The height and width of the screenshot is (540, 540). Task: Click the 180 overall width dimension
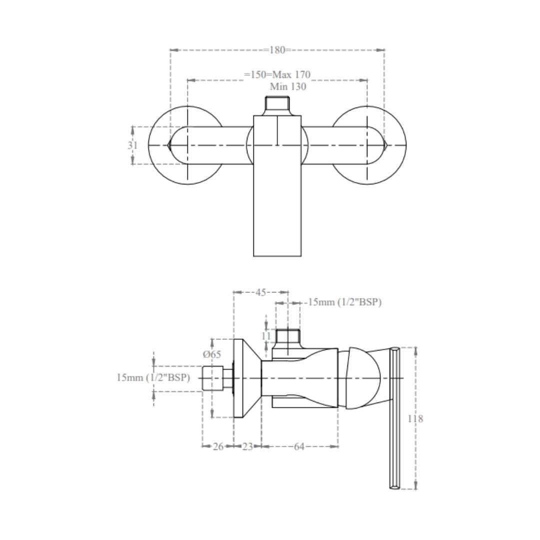pos(277,50)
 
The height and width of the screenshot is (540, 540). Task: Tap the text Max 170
pos(291,74)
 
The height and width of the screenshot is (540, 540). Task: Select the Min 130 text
pos(288,86)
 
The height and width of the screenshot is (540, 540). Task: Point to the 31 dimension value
pos(132,145)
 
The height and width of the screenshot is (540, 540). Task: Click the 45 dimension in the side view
pos(260,292)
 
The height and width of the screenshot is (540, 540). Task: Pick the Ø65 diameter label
pos(212,354)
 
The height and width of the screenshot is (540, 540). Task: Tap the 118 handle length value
pos(415,419)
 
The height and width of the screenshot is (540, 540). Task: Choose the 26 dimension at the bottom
pos(218,446)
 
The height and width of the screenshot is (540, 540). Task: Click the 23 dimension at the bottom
pos(247,446)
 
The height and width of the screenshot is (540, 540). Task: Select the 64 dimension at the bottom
pos(299,446)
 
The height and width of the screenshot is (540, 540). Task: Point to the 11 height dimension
pos(266,336)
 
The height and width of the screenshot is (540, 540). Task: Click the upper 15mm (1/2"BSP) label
pos(344,302)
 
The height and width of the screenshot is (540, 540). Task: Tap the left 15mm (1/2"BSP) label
pos(153,378)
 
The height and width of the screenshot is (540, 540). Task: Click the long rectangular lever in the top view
pos(277,186)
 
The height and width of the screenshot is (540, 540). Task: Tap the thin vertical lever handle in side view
pos(394,418)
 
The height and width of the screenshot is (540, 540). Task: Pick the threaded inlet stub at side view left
pos(217,378)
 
